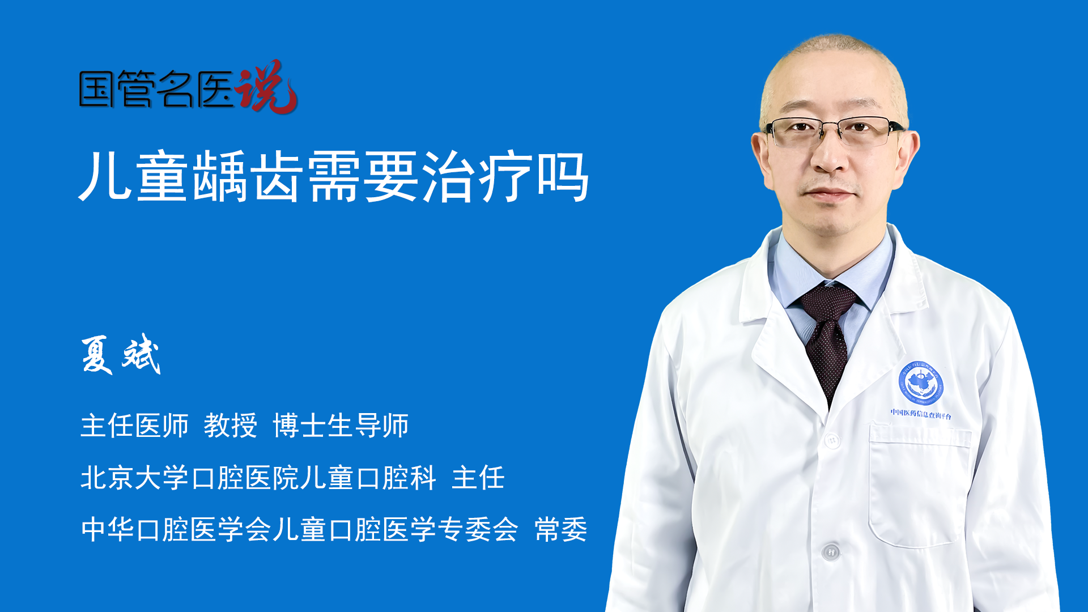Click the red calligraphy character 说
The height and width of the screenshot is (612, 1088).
pyautogui.click(x=266, y=86)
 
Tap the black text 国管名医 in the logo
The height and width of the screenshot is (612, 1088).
pyautogui.click(x=156, y=89)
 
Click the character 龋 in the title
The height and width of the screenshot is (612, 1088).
pyautogui.click(x=220, y=176)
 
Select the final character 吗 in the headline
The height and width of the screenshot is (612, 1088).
pyautogui.click(x=563, y=176)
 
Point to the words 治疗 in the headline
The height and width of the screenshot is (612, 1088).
pyautogui.click(x=477, y=176)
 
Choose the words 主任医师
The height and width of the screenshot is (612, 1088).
pyautogui.click(x=134, y=426)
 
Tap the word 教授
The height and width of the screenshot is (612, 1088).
pyautogui.click(x=231, y=426)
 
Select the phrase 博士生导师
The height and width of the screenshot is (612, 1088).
pyautogui.click(x=341, y=426)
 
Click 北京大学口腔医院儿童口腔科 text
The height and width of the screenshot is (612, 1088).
pyautogui.click(x=258, y=478)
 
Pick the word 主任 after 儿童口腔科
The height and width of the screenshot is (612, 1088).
pyautogui.click(x=478, y=478)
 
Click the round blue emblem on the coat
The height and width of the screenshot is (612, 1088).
pyautogui.click(x=921, y=382)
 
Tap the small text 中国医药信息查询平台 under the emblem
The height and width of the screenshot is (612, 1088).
pyautogui.click(x=921, y=414)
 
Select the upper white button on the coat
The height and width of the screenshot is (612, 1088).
pyautogui.click(x=832, y=440)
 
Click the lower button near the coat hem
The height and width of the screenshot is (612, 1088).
pyautogui.click(x=831, y=551)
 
